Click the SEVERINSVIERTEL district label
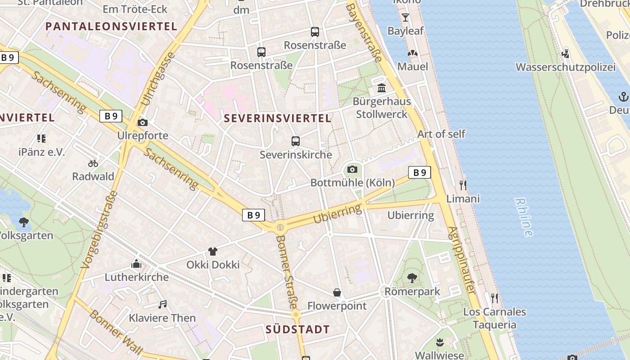(278, 118)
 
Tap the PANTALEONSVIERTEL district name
(111, 26)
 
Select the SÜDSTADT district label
(298, 329)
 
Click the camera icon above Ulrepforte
(143, 122)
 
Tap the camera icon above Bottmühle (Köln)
(352, 170)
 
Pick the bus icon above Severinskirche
(296, 141)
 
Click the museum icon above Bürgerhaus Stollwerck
(382, 88)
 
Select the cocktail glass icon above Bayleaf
(405, 18)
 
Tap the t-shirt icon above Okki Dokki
(213, 251)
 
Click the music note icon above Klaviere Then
(162, 305)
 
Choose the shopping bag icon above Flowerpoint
(337, 293)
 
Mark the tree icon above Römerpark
(412, 278)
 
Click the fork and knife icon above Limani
(463, 185)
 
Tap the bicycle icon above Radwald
(93, 163)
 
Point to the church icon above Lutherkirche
(136, 264)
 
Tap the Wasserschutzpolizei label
(565, 67)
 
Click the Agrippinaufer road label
(461, 260)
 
